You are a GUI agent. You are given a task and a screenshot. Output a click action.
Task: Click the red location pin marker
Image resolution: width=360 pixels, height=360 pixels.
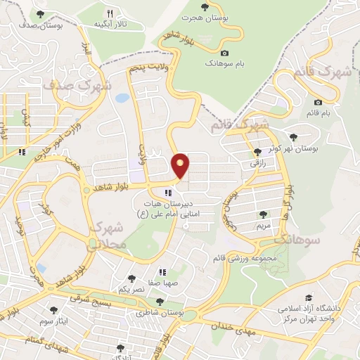click(x=181, y=165)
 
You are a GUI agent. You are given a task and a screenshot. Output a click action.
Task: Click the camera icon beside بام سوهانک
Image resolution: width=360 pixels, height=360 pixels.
click(x=224, y=53)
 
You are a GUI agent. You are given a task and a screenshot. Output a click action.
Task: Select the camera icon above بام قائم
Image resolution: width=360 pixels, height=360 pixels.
click(x=318, y=103)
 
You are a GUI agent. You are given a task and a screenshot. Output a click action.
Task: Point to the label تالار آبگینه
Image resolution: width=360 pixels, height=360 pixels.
click(x=110, y=25)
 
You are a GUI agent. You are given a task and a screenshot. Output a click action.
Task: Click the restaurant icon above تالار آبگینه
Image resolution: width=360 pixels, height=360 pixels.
click(x=110, y=13)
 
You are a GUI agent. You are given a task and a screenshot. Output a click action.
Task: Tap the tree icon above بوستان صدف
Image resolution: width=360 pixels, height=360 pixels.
click(x=39, y=14)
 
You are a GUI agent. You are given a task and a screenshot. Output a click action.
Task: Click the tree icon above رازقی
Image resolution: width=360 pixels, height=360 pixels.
click(x=256, y=151)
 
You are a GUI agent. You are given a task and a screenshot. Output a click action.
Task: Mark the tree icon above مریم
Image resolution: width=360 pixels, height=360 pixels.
click(x=263, y=214)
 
